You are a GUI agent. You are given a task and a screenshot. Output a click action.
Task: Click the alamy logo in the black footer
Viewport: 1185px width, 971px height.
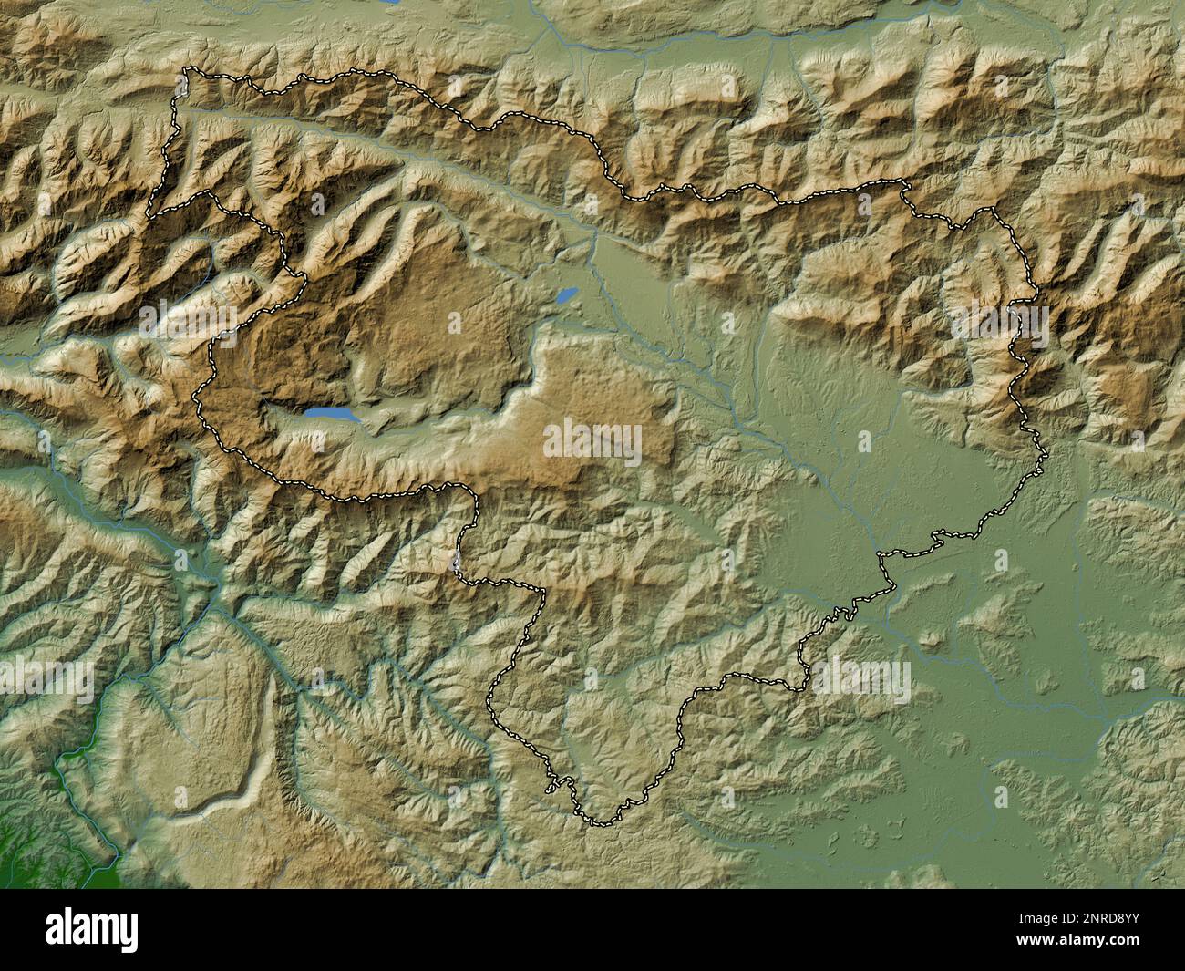[93, 929]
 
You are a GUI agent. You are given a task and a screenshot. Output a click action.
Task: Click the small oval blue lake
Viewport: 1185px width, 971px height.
[566, 295]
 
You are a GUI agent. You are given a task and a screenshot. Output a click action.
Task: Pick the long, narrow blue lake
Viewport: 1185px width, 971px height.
[335, 415]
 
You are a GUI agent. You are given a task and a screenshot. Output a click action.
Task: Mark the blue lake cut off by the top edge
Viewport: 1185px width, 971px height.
[390, 3]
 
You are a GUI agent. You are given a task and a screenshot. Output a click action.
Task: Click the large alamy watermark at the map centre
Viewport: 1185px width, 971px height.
[592, 442]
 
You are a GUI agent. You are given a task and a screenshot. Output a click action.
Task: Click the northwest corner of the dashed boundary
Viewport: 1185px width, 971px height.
[187, 70]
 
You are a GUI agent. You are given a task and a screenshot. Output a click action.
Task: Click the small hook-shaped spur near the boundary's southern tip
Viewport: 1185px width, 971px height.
[551, 786]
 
